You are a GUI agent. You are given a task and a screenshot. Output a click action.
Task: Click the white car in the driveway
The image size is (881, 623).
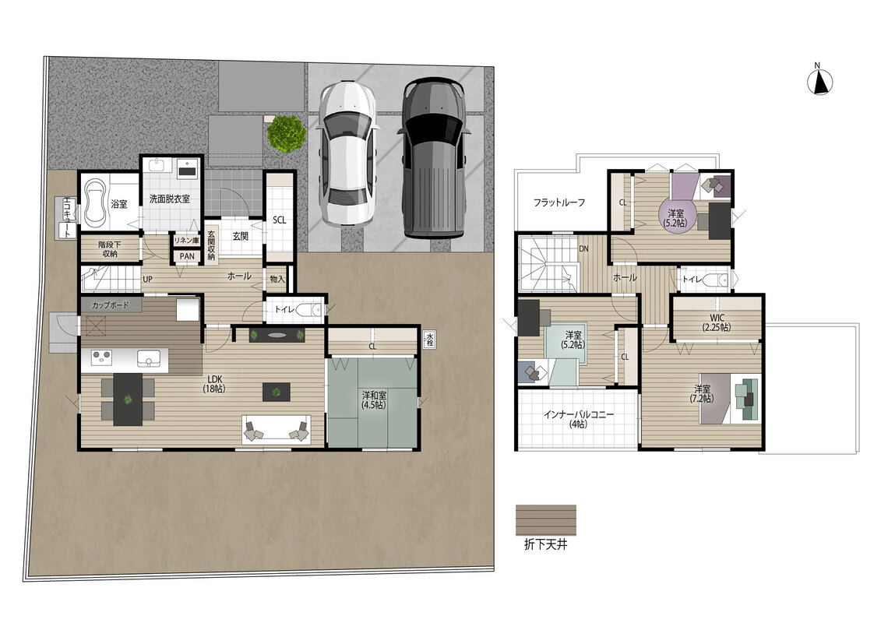[347, 154]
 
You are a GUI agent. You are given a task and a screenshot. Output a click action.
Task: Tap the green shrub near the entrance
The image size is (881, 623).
[287, 133]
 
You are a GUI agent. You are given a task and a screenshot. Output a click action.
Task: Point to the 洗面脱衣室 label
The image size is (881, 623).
[169, 199]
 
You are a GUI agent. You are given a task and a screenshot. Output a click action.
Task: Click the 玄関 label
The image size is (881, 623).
[241, 237]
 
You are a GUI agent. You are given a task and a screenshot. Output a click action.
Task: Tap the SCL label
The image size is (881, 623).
[279, 220]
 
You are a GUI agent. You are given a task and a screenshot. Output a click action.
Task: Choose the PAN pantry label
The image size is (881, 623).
[187, 256]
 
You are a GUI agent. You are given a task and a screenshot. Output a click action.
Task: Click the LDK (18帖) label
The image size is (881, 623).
[213, 384]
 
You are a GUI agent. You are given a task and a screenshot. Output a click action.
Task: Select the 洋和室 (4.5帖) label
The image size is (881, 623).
[374, 399]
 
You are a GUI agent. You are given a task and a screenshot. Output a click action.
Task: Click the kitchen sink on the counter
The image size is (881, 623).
[149, 358]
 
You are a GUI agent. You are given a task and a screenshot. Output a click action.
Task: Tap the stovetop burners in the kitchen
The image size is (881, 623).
[102, 357]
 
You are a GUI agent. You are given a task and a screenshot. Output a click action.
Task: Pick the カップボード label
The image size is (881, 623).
[110, 305]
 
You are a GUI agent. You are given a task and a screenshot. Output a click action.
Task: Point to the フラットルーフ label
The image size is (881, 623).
[559, 202]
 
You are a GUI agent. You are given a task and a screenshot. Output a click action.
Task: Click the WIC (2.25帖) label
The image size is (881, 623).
[717, 322]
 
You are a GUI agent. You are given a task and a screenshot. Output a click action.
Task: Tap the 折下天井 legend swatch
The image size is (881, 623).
[545, 520]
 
